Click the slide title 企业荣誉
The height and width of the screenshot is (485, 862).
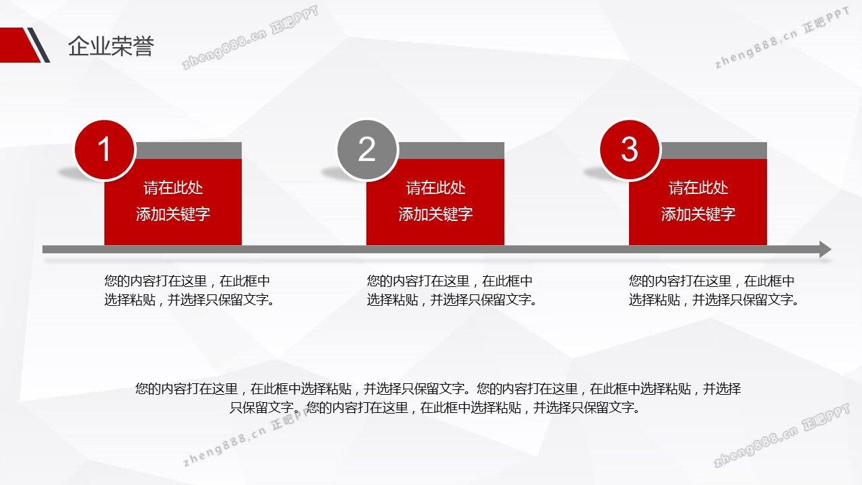pyautogui.click(x=111, y=46)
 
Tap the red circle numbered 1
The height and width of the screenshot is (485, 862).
pyautogui.click(x=104, y=150)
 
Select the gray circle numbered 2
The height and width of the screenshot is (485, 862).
pyautogui.click(x=367, y=150)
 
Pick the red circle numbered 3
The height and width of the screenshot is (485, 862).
pyautogui.click(x=630, y=150)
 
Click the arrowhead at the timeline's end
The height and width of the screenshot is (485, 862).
pyautogui.click(x=825, y=249)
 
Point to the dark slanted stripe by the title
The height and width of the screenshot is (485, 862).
pyautogui.click(x=38, y=44)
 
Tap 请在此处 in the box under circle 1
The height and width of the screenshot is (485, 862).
pyautogui.click(x=173, y=188)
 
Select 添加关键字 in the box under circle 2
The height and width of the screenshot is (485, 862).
pyautogui.click(x=435, y=214)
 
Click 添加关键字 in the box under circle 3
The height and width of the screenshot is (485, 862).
pyautogui.click(x=698, y=214)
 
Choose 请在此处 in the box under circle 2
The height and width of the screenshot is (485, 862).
pyautogui.click(x=435, y=188)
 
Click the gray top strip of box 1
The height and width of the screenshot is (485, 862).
pyautogui.click(x=188, y=150)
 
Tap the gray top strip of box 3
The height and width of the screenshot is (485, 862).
pyautogui.click(x=713, y=150)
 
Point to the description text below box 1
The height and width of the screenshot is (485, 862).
pyautogui.click(x=189, y=290)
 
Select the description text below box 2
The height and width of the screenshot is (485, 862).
pyautogui.click(x=452, y=290)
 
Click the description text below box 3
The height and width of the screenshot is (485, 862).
pyautogui.click(x=714, y=290)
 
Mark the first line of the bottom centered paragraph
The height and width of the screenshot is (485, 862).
pyautogui.click(x=438, y=389)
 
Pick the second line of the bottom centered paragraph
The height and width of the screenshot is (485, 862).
pyautogui.click(x=435, y=408)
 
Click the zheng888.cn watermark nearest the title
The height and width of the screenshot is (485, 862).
pyautogui.click(x=250, y=38)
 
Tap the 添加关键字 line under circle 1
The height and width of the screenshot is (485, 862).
pyautogui.click(x=173, y=214)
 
